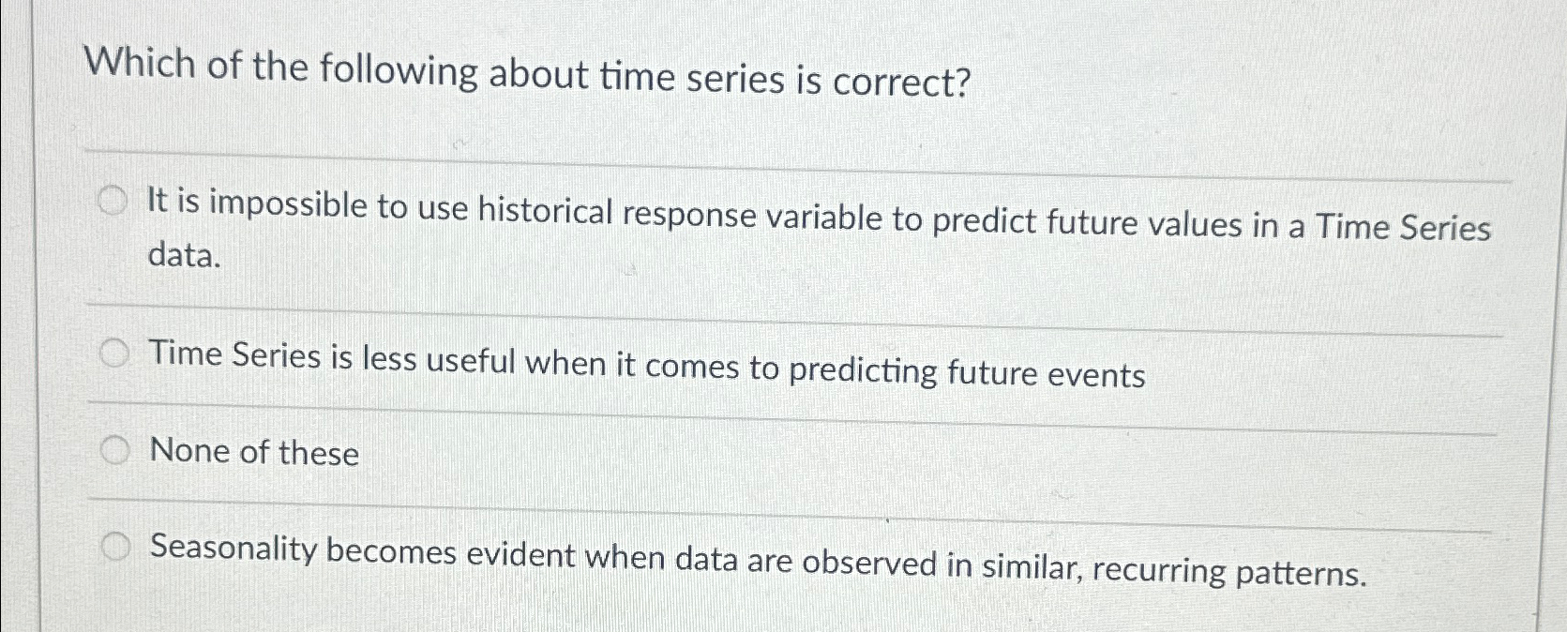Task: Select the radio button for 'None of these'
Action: pos(114,451)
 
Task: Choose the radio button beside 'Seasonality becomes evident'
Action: pos(114,547)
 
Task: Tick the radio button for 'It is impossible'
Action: pos(113,202)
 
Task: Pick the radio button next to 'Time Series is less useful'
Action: pos(114,354)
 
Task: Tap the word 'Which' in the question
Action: pos(140,65)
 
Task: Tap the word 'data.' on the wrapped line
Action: pos(185,255)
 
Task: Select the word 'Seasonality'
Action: pos(234,549)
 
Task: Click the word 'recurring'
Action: pos(1158,570)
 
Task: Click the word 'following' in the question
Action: pos(399,71)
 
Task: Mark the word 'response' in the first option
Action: pos(689,217)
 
